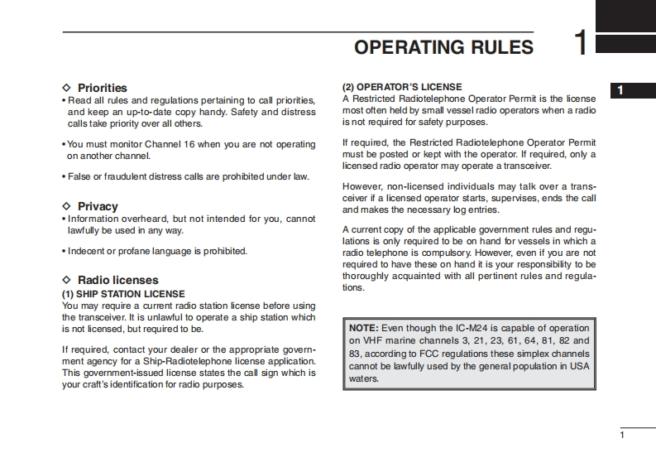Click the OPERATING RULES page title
[443, 47]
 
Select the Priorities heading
[102, 88]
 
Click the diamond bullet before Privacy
[67, 206]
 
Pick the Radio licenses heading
[117, 280]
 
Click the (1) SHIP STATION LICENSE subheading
[123, 294]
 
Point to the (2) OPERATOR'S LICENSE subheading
[402, 87]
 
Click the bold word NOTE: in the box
[364, 328]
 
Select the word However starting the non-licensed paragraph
[361, 186]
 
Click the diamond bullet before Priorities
[67, 88]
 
